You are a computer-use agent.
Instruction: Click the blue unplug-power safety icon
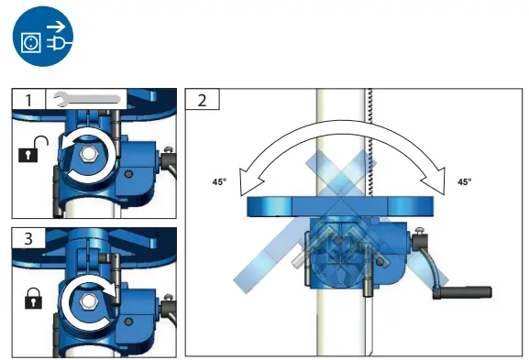[x=43, y=36]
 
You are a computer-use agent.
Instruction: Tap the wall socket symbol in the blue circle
[x=31, y=42]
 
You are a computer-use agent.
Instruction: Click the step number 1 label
[x=28, y=100]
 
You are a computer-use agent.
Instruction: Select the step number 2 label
[x=202, y=100]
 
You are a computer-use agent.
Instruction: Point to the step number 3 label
[x=28, y=238]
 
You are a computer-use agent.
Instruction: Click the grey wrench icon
[x=87, y=99]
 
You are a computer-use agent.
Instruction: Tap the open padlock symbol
[x=33, y=149]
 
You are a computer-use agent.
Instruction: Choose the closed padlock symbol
[x=33, y=298]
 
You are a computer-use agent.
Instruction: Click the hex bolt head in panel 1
[x=88, y=154]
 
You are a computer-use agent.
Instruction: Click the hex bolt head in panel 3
[x=88, y=300]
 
